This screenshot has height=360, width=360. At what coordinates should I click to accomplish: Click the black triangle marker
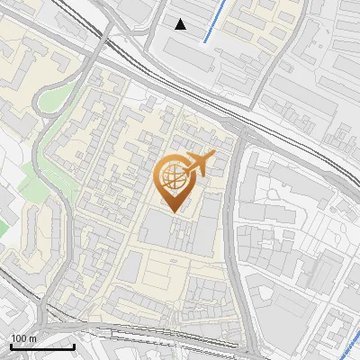point(181,24)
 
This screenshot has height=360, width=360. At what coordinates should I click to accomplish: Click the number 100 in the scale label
point(18,337)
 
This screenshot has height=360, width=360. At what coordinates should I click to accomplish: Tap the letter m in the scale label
point(31,337)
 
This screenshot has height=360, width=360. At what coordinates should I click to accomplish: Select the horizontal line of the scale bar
point(42,346)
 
